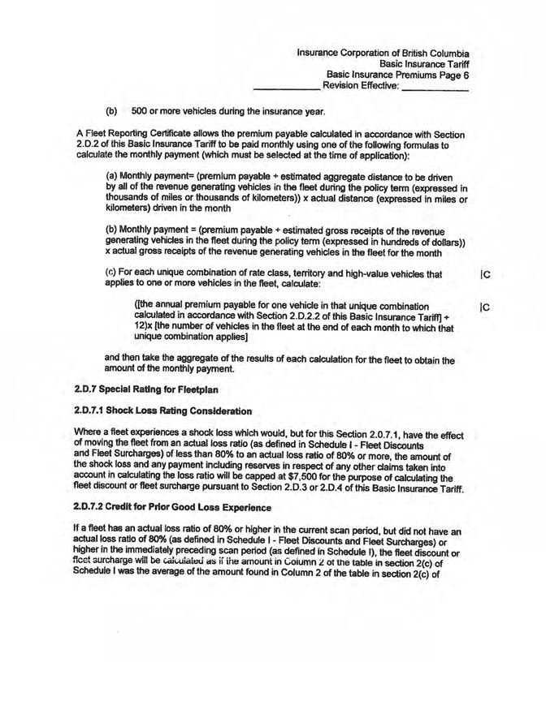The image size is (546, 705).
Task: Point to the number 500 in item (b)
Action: coord(141,110)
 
